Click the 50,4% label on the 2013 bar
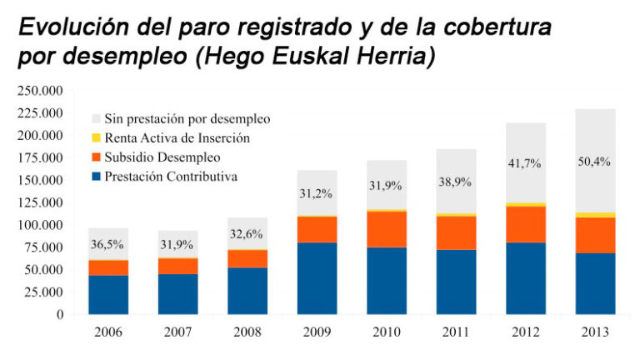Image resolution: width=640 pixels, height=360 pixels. tap(593, 161)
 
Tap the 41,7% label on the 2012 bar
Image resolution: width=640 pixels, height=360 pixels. tap(524, 164)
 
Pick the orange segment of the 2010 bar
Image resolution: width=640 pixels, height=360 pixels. tap(386, 229)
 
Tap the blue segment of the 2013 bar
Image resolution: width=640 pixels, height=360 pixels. tap(594, 283)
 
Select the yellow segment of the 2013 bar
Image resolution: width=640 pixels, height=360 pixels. tap(594, 215)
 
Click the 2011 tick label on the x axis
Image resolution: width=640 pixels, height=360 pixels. tap(455, 332)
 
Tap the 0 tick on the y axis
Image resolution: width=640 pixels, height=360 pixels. tap(59, 315)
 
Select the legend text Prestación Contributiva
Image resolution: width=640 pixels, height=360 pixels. tap(171, 176)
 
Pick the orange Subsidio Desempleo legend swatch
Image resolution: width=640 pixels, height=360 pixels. tap(96, 157)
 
